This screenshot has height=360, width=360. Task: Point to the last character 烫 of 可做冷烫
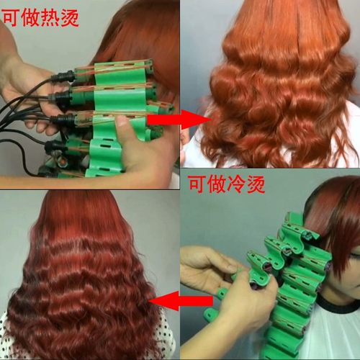click(258, 184)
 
